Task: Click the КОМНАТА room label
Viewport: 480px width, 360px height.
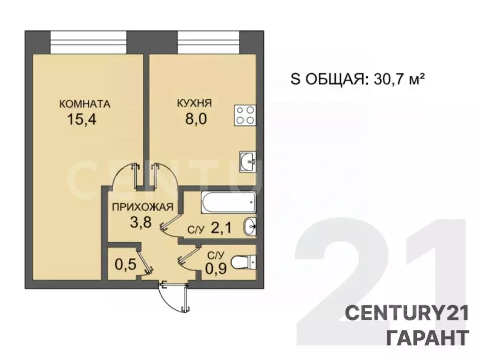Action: click(x=85, y=104)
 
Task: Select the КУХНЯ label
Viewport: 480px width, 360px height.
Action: click(x=195, y=104)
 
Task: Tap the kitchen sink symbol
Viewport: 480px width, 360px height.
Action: click(x=247, y=162)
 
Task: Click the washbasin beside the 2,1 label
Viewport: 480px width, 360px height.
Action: click(x=249, y=227)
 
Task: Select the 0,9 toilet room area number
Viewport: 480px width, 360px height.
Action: click(x=216, y=270)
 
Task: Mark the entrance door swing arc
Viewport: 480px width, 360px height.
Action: click(x=170, y=298)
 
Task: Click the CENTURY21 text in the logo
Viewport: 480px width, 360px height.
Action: click(x=407, y=313)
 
